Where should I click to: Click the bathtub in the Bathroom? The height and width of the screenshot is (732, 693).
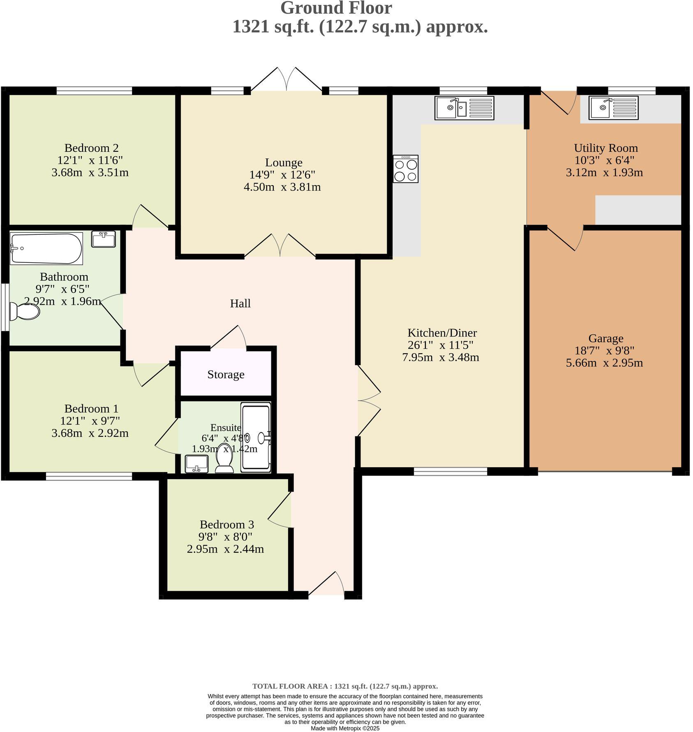pos(46,248)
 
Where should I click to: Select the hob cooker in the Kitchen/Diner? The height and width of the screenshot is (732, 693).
pos(405,169)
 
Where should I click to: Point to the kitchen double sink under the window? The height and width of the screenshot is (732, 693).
pos(464,108)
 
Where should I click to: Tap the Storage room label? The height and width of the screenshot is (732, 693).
pos(226,374)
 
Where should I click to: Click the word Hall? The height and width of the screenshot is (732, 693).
pos(240,303)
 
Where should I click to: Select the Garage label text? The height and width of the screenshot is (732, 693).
pos(605,338)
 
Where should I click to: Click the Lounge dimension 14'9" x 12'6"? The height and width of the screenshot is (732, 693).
pos(282,175)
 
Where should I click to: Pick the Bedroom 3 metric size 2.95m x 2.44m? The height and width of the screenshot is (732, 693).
pos(225,549)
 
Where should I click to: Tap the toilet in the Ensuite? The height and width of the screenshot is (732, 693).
pos(224,459)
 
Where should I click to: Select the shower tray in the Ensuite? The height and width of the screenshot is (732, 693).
pos(256,437)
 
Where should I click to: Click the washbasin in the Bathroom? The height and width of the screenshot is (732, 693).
pos(104,239)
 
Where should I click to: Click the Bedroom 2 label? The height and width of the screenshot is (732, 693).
pos(92,148)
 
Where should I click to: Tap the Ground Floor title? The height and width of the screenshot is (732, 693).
pos(336,8)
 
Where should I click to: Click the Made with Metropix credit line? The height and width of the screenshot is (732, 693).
pos(345,728)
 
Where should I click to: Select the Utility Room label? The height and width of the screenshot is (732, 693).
pos(605,148)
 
